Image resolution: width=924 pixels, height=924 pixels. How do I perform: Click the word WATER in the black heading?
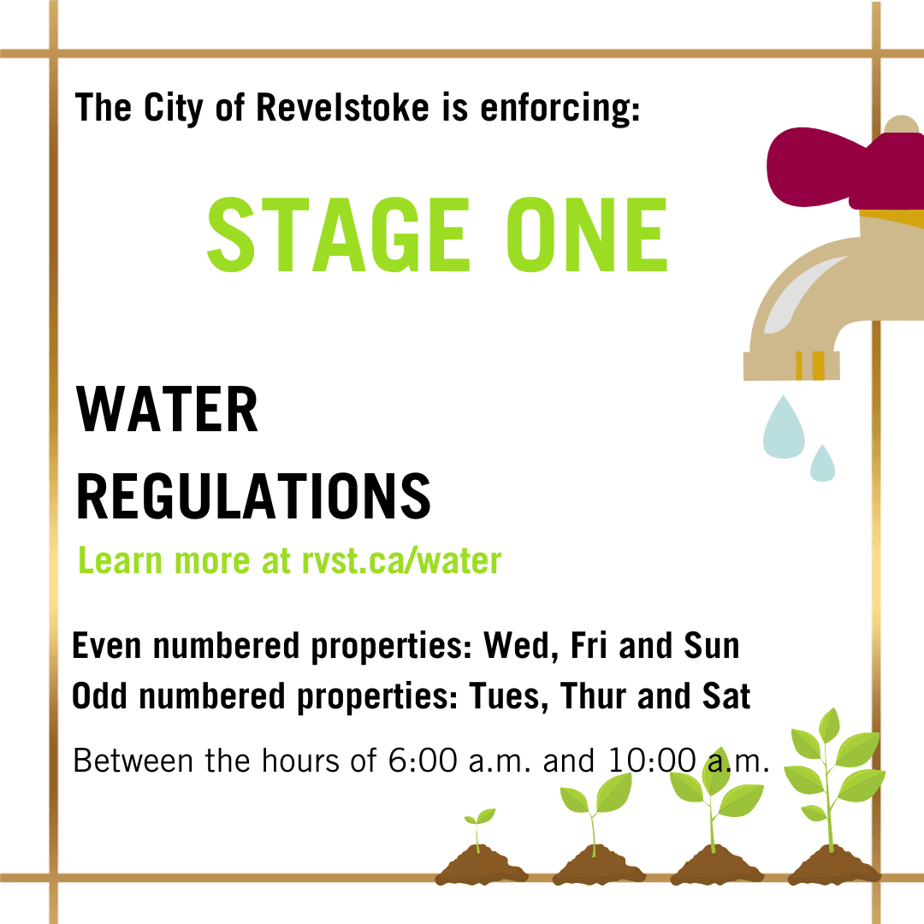(168, 411)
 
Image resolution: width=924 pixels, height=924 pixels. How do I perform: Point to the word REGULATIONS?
(253, 496)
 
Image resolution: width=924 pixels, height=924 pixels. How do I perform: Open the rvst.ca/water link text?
(400, 561)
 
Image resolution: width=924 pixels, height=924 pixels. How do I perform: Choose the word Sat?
(726, 697)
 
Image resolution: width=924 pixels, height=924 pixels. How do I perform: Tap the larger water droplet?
(784, 427)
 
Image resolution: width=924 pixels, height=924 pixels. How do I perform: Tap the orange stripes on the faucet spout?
(809, 364)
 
